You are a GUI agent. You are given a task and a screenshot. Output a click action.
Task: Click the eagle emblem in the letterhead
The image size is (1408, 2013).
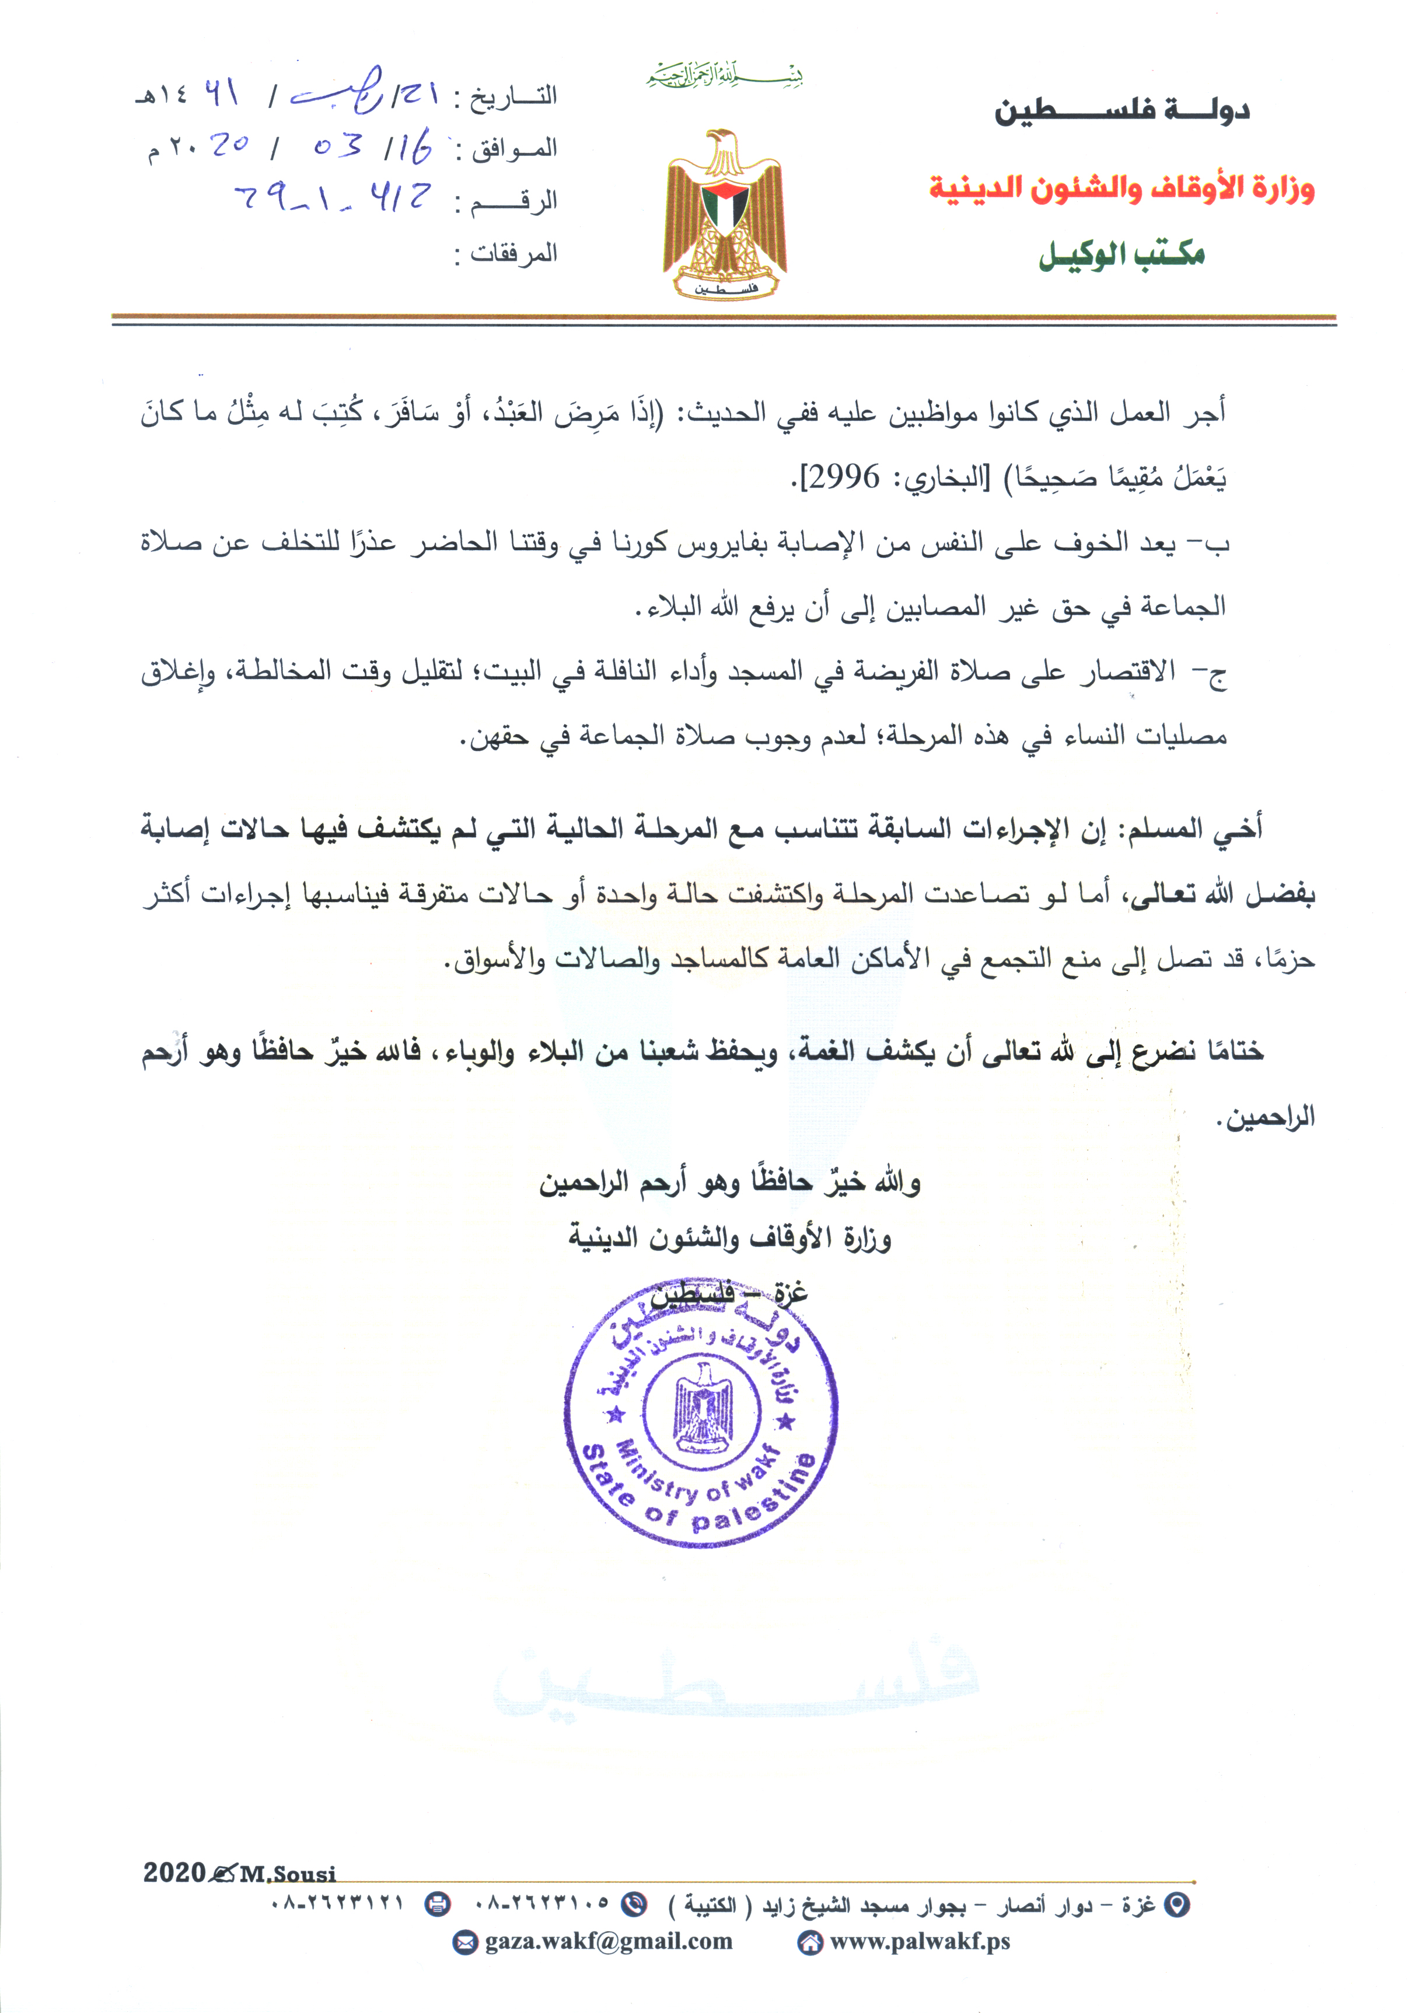(x=725, y=214)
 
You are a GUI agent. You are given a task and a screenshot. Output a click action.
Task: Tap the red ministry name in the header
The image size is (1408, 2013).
(x=1121, y=188)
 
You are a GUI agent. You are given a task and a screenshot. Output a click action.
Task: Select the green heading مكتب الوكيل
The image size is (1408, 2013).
(x=1121, y=254)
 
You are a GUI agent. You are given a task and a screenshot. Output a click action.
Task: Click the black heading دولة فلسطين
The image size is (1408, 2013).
(x=1121, y=111)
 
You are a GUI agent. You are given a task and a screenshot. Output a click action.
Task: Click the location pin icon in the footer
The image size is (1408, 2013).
(x=1180, y=1904)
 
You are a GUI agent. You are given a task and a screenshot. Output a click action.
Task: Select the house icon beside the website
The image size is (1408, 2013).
(x=809, y=1943)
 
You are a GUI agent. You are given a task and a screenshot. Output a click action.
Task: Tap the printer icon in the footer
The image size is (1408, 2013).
(x=438, y=1903)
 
